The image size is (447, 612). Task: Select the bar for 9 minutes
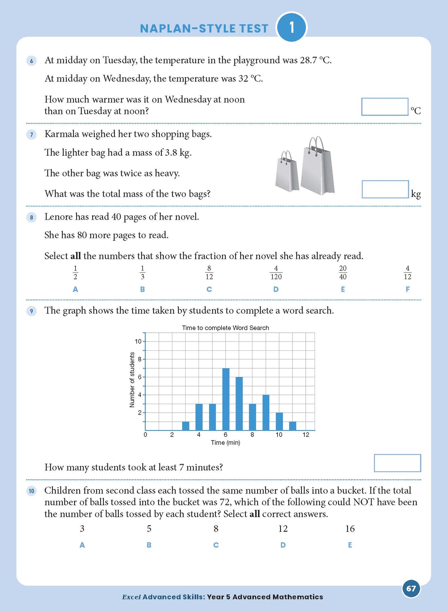pyautogui.click(x=266, y=412)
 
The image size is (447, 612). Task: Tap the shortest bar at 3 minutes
pyautogui.click(x=186, y=426)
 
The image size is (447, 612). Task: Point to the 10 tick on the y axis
pyautogui.click(x=138, y=341)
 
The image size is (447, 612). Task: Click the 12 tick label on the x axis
pyautogui.click(x=306, y=435)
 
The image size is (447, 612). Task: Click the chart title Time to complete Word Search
pyautogui.click(x=225, y=328)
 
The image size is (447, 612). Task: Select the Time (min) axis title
pyautogui.click(x=225, y=443)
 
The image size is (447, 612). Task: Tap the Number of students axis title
pyautogui.click(x=132, y=380)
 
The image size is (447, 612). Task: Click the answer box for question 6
pyautogui.click(x=385, y=107)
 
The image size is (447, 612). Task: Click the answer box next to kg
pyautogui.click(x=385, y=189)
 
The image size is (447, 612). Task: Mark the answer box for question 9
pyautogui.click(x=397, y=463)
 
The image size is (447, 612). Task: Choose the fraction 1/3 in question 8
pyautogui.click(x=142, y=272)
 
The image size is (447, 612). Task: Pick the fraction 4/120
pyautogui.click(x=276, y=272)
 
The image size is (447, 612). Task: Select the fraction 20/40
pyautogui.click(x=343, y=272)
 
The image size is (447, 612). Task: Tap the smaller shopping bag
pyautogui.click(x=287, y=173)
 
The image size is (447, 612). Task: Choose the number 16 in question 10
pyautogui.click(x=350, y=529)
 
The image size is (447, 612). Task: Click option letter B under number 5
pyautogui.click(x=149, y=545)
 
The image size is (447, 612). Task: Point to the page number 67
pyautogui.click(x=411, y=589)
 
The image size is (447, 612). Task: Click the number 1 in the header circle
pyautogui.click(x=291, y=28)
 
